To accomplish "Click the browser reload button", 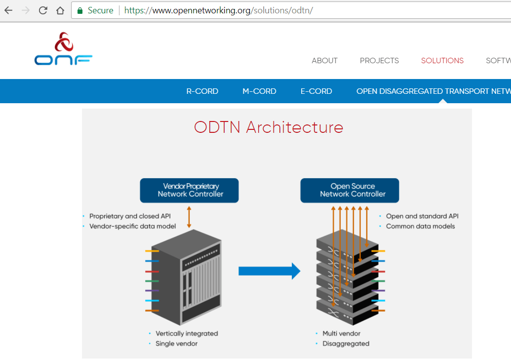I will tap(43, 10).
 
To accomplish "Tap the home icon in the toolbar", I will tap(60, 10).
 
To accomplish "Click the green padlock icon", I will tap(80, 10).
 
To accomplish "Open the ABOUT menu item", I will tap(324, 61).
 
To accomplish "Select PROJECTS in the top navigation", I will tap(379, 61).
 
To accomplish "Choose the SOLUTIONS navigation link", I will tap(442, 61).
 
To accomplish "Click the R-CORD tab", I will tap(202, 91).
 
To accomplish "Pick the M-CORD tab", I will tap(259, 91).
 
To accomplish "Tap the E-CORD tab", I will tap(316, 91).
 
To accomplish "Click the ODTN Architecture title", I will tap(269, 127).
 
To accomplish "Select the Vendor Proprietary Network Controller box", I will tap(190, 190).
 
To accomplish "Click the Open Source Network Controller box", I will tap(350, 190).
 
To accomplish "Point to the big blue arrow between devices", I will tap(269, 271).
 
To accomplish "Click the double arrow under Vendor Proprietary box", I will tap(189, 217).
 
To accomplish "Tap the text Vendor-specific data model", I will tap(132, 226).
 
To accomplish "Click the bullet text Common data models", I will tap(420, 226).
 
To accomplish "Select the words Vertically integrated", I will tap(187, 333).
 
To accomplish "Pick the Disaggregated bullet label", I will tap(346, 344).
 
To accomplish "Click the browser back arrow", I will tap(8, 10).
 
